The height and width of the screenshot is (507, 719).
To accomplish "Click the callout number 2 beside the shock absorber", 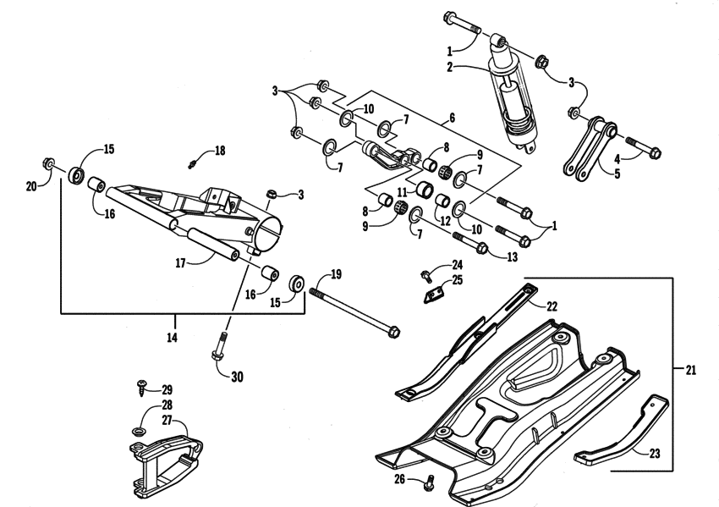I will coord(450,66).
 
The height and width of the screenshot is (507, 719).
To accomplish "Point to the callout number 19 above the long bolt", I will coord(336,274).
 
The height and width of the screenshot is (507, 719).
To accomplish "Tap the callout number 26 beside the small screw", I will coord(399,480).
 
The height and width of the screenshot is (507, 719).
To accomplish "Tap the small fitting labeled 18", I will coord(194,160).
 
